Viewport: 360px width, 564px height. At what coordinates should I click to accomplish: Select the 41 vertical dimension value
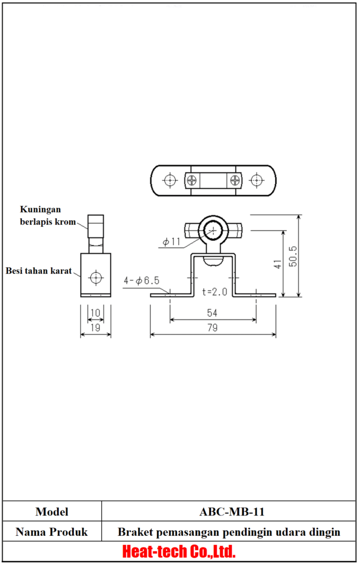(x=278, y=264)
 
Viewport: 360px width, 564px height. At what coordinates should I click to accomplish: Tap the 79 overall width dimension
(x=212, y=328)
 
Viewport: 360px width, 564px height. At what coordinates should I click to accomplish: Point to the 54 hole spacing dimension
(x=212, y=313)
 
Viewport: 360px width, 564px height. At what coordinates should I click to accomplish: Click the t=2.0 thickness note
(x=214, y=291)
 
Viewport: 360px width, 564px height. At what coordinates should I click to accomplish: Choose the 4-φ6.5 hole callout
(x=141, y=280)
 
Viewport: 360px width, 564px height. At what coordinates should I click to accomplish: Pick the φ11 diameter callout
(x=172, y=241)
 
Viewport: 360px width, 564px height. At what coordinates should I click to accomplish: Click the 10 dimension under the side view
(x=96, y=313)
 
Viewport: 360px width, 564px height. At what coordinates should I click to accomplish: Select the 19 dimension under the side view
(x=96, y=328)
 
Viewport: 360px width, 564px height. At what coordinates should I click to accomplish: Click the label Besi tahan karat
(x=39, y=270)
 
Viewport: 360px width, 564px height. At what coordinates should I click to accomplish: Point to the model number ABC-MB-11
(x=232, y=512)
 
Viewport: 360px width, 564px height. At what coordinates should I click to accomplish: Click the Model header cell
(x=52, y=512)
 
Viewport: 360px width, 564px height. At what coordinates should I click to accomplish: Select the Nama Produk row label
(x=52, y=532)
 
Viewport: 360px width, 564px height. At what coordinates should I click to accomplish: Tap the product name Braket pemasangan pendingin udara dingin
(x=229, y=532)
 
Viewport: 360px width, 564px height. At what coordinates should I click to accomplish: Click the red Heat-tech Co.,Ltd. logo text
(x=179, y=551)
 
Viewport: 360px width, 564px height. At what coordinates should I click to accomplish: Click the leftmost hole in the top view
(x=170, y=180)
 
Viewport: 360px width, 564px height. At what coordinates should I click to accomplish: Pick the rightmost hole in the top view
(x=256, y=180)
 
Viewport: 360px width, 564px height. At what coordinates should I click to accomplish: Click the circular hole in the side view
(x=96, y=277)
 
